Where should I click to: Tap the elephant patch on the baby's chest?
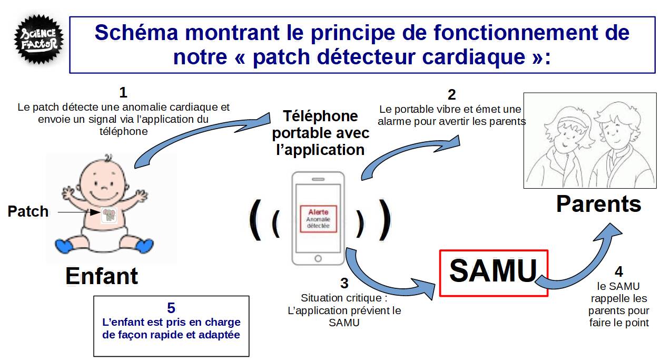pyautogui.click(x=109, y=215)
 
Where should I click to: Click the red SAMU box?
pyautogui.click(x=494, y=273)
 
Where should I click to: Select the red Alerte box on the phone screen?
pyautogui.click(x=318, y=219)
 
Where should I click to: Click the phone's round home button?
pyautogui.click(x=318, y=258)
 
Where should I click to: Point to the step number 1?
pyautogui.click(x=123, y=93)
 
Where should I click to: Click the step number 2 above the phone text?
pyautogui.click(x=452, y=95)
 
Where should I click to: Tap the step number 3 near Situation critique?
pyautogui.click(x=344, y=283)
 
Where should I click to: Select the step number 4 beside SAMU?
pyautogui.click(x=619, y=271)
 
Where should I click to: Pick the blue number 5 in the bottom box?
pyautogui.click(x=171, y=308)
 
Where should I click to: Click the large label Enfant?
pyautogui.click(x=102, y=276)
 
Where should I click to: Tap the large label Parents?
pyautogui.click(x=599, y=204)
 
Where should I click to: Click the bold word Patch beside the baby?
pyautogui.click(x=28, y=211)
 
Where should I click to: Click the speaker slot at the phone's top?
pyautogui.click(x=318, y=179)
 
